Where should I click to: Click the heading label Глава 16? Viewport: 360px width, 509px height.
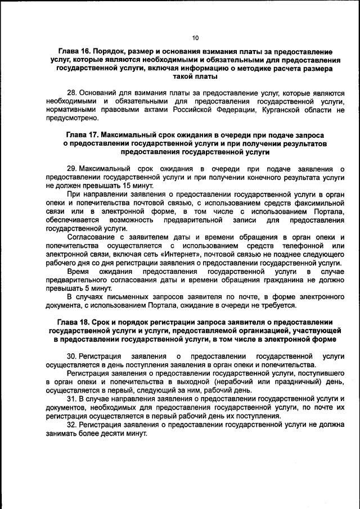pos(67,52)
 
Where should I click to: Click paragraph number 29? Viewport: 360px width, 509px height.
pos(71,169)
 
